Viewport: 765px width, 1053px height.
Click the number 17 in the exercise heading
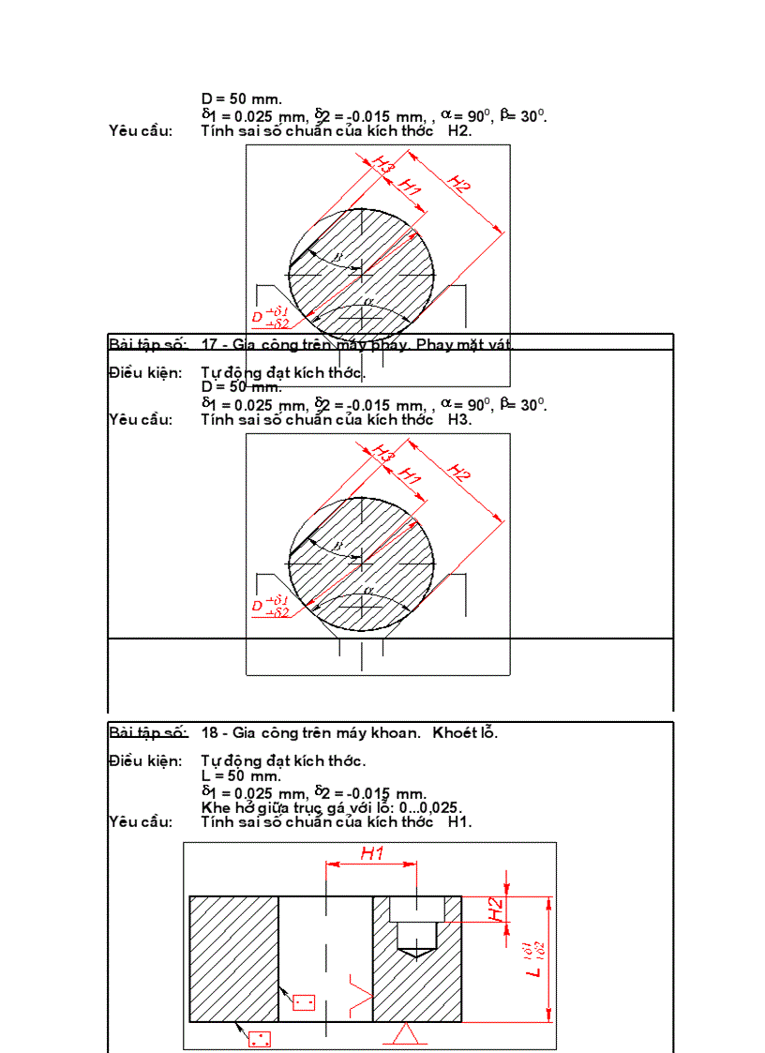pos(209,344)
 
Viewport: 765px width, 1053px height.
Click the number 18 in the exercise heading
pos(209,732)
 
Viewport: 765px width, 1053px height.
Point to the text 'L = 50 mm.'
pos(241,775)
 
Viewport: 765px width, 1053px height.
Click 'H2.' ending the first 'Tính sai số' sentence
pos(459,130)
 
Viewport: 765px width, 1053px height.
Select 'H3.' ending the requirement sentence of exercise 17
pos(459,419)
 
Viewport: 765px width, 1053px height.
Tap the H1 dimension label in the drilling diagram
pos(373,853)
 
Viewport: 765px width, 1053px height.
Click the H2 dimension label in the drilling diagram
pos(498,909)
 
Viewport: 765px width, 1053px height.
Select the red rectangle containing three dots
pos(259,1039)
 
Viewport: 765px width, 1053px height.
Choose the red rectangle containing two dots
pos(304,1002)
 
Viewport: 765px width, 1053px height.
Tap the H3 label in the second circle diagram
pos(382,451)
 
